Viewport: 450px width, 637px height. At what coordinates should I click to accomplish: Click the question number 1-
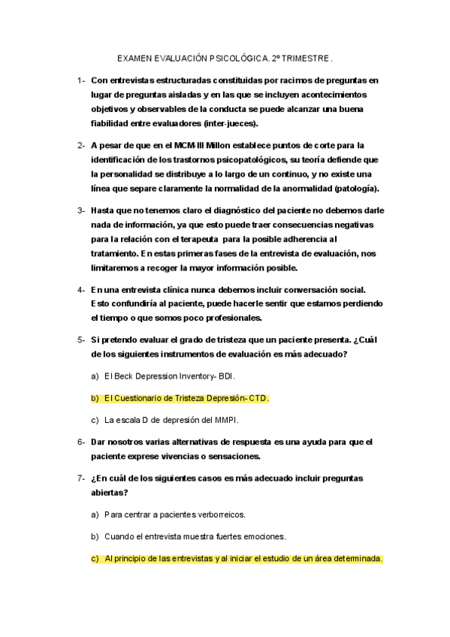(x=80, y=80)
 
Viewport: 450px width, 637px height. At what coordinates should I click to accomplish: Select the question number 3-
(x=80, y=211)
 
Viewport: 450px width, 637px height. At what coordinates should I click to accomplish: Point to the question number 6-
(x=80, y=442)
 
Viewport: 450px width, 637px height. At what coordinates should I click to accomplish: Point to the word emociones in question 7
(x=265, y=536)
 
